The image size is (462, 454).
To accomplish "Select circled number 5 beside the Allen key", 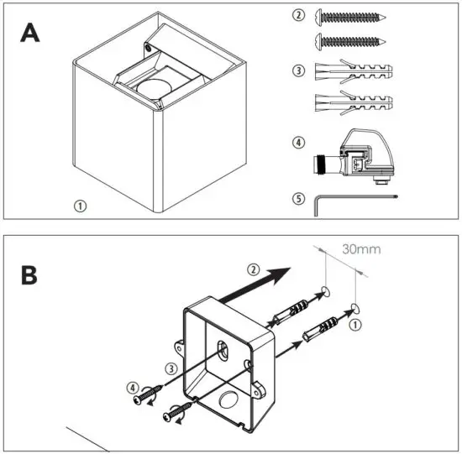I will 297,199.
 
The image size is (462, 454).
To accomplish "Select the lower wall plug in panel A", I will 354,104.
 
